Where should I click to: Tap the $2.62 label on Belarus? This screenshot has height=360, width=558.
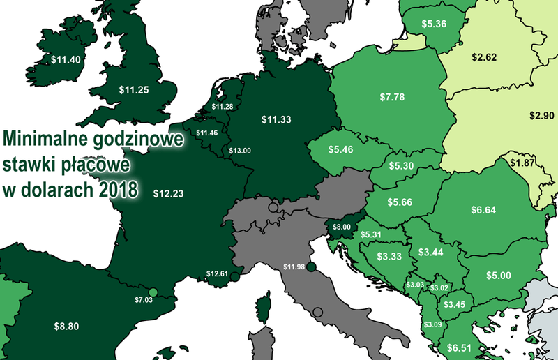pos(483,57)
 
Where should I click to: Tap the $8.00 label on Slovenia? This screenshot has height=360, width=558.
pos(342,227)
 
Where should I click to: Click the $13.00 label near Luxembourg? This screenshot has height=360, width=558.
pos(240,150)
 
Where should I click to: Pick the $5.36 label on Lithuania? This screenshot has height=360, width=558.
pos(434,23)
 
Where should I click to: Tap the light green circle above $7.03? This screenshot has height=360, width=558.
pos(153,293)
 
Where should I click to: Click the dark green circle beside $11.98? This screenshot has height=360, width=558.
pos(312,267)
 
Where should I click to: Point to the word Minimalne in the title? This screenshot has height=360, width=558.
pos(45,137)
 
